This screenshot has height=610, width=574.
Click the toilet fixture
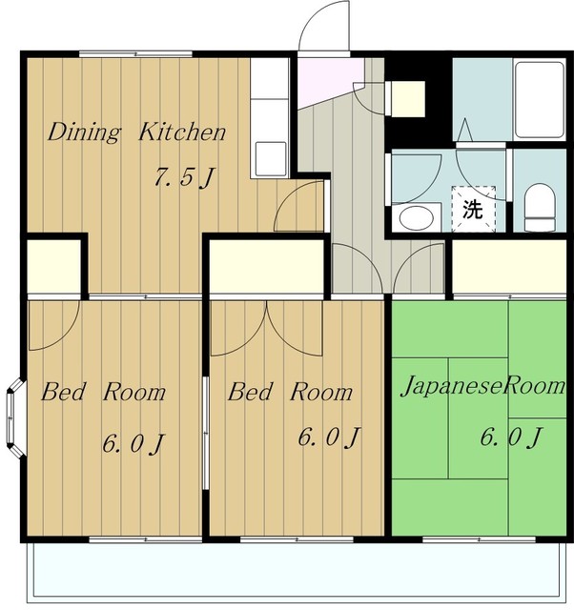point(540,208)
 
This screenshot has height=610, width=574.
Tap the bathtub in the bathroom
point(539,99)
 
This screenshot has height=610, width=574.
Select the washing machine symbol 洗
point(473,210)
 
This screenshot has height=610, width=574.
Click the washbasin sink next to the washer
point(416,217)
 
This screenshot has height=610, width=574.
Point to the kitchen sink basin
point(271,159)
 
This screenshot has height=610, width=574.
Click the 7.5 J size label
point(184,177)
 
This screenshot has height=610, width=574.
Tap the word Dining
point(84,132)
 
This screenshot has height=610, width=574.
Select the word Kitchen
point(182,132)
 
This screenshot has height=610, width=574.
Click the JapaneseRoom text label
point(482,386)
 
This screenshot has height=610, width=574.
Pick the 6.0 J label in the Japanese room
point(511,437)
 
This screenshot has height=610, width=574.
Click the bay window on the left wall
point(15,417)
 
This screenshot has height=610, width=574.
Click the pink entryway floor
point(329,81)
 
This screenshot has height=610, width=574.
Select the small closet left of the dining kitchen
point(53,266)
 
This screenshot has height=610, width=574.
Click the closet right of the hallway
point(509,267)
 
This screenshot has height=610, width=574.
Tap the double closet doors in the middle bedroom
point(267,328)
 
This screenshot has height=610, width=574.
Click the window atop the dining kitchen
point(135,54)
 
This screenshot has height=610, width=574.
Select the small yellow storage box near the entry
point(407,98)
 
